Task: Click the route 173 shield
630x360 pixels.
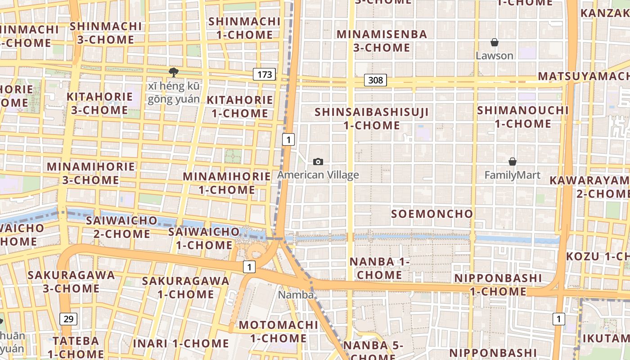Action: pos(264,74)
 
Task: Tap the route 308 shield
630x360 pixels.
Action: pos(375,80)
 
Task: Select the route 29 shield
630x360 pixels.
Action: pos(68,319)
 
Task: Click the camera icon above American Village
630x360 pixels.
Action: pos(318,162)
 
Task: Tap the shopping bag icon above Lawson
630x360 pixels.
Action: pos(495,43)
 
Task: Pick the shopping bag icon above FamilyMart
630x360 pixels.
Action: pos(512,162)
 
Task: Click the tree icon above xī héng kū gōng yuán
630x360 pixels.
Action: pos(173,72)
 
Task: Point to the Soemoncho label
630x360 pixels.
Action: pos(432,214)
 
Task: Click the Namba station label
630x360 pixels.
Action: pos(296,295)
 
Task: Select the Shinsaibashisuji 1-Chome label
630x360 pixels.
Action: pos(372,118)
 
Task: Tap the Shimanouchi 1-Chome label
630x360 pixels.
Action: pos(523,117)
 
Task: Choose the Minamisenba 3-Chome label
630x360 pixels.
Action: pos(382,40)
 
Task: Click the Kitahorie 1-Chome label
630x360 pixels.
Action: pos(240,106)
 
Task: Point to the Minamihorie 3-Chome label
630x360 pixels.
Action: pos(91,173)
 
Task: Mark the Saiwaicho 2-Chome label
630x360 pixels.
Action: pos(121,227)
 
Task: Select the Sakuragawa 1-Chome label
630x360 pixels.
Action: pos(185,287)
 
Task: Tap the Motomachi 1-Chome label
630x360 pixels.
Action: pos(278,331)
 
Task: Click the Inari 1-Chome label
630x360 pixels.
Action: pos(181,343)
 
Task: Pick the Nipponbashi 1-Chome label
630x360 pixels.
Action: pos(498,284)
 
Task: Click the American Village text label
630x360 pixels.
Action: pos(318,175)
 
